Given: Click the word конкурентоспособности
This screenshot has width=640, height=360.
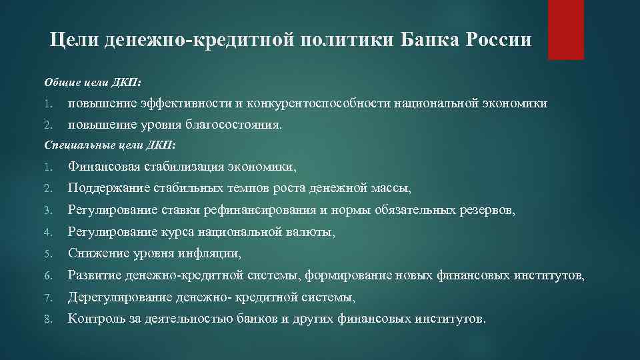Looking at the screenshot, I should [x=319, y=103].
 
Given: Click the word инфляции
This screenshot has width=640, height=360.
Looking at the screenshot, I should [x=213, y=254].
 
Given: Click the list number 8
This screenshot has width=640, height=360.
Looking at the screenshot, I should [x=47, y=319].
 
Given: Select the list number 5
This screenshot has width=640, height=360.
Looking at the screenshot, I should [x=47, y=254].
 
